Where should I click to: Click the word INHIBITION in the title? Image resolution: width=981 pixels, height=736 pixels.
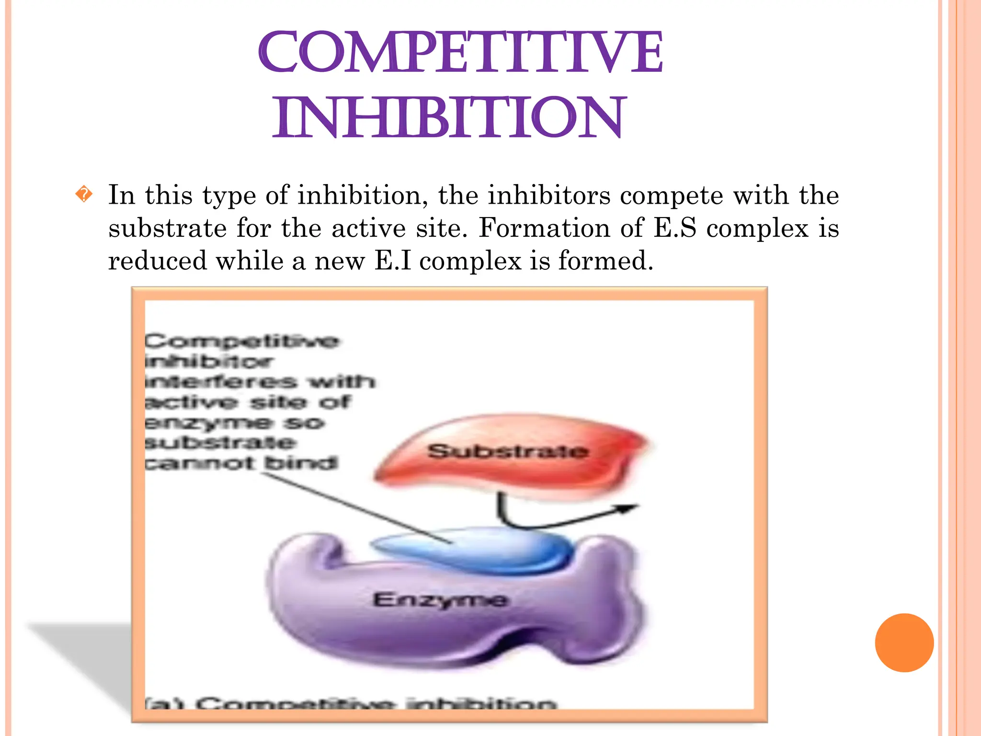[x=448, y=117]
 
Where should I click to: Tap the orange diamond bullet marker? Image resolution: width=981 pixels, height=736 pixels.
[x=84, y=194]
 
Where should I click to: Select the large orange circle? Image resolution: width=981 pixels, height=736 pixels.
[x=904, y=643]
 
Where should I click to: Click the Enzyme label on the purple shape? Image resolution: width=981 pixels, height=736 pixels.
[x=440, y=600]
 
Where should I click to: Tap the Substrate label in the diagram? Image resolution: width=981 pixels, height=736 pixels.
[x=508, y=451]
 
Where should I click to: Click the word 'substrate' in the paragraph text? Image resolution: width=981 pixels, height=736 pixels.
[x=167, y=228]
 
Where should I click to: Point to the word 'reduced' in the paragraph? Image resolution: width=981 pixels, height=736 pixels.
[x=157, y=261]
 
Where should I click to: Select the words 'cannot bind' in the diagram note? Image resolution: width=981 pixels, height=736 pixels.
[x=241, y=463]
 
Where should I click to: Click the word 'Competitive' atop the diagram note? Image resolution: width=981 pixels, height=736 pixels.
[x=241, y=341]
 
